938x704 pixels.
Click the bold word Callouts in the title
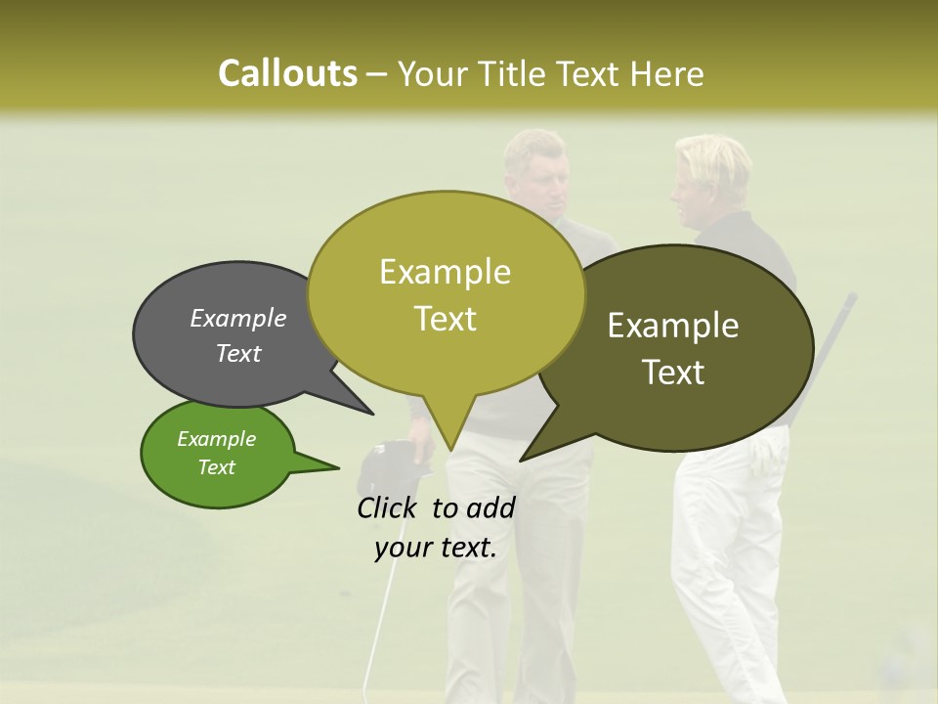click(x=287, y=73)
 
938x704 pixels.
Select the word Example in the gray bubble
click(x=238, y=318)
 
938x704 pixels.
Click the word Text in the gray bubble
click(x=238, y=353)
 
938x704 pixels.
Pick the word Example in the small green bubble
click(x=217, y=439)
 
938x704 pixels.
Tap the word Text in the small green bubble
click(x=217, y=467)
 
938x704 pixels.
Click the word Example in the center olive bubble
click(x=445, y=272)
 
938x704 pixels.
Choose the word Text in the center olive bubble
click(x=446, y=319)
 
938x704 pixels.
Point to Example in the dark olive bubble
click(x=673, y=326)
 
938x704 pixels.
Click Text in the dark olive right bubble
click(x=673, y=373)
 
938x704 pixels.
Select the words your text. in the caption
click(x=436, y=548)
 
